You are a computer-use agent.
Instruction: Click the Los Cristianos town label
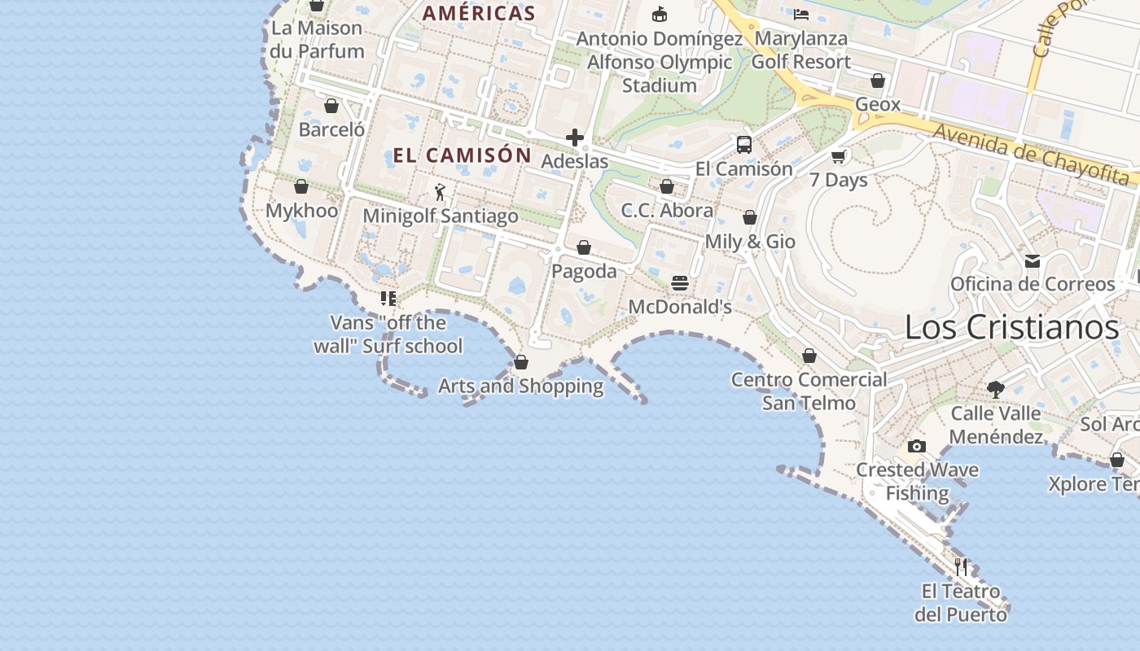pos(1012,327)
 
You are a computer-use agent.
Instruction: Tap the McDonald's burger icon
pos(680,283)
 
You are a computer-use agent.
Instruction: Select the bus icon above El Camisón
pos(743,145)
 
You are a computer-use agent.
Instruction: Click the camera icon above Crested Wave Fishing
pos(917,446)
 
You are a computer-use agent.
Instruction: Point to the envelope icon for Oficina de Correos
pos(1033,261)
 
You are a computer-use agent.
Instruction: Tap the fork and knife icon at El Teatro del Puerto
pos(961,566)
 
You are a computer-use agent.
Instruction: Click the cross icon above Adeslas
pos(575,138)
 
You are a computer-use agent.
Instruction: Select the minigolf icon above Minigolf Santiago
pos(440,192)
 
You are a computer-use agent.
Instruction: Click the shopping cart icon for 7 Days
pos(839,156)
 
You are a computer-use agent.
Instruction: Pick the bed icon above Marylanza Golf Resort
pos(801,14)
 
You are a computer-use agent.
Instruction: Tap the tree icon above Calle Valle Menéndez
pos(995,389)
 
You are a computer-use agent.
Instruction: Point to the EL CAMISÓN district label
pos(462,155)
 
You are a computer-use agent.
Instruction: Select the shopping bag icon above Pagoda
pos(584,247)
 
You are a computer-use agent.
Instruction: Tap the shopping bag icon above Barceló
pos(331,106)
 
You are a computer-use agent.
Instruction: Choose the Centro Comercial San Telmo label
pos(809,391)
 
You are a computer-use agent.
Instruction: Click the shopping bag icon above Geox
pos(878,81)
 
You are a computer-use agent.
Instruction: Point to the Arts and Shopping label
pos(521,386)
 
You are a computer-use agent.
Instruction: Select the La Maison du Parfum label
pos(317,39)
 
